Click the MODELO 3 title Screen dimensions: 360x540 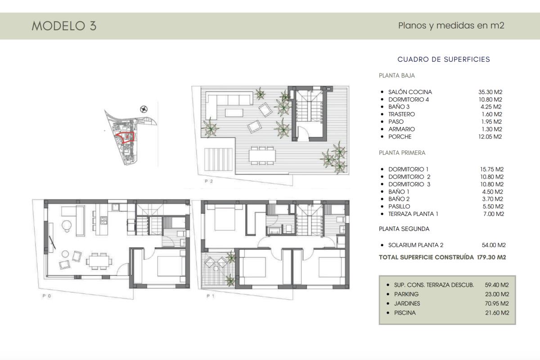[64, 26]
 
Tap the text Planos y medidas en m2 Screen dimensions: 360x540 [451, 26]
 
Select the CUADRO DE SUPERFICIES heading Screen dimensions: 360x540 [444, 59]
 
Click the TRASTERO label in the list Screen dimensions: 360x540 [401, 114]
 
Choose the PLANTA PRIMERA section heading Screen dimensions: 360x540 [402, 153]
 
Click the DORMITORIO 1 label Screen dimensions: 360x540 [409, 170]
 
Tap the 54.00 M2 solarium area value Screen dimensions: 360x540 [494, 245]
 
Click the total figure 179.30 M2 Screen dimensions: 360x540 [491, 258]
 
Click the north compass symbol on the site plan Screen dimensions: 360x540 [144, 108]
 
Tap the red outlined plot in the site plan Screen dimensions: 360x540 [126, 137]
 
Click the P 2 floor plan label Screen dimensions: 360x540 [209, 181]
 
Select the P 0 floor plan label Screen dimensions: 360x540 [46, 297]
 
